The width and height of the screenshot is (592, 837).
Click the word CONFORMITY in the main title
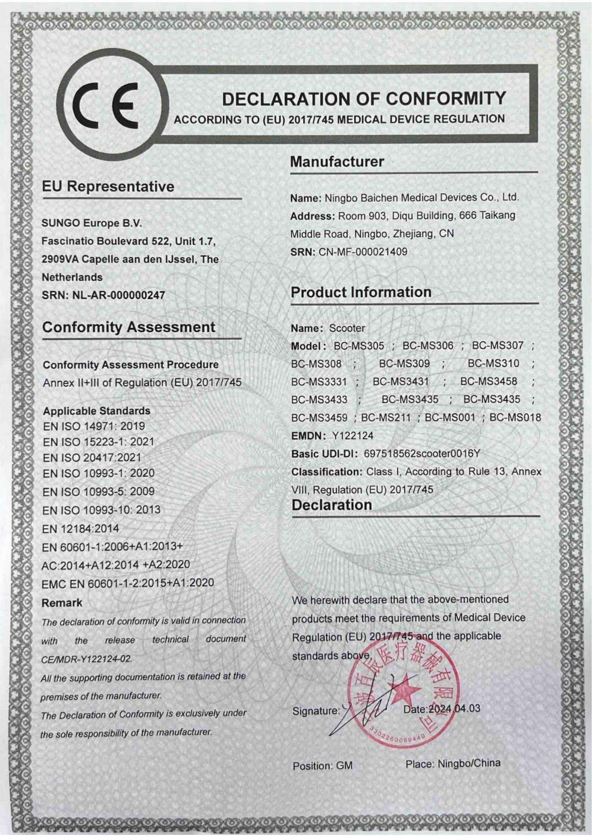point(446,99)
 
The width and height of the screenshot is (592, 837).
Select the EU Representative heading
point(108,187)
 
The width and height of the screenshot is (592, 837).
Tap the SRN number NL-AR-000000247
point(119,295)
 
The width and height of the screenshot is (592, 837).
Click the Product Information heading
point(361,292)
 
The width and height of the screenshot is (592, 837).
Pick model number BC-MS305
point(359,346)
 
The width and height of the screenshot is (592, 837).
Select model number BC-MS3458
point(489,381)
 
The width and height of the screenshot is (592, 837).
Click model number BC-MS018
point(515,417)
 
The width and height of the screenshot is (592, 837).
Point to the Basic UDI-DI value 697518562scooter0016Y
point(422,453)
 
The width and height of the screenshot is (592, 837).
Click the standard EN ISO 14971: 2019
point(94,426)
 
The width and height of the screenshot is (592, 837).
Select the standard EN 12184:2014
point(81,529)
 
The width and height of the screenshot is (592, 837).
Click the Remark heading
point(62,603)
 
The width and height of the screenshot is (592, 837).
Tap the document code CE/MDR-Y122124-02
point(86,659)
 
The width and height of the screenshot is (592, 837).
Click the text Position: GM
point(322,766)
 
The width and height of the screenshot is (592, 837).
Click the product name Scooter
point(347,328)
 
